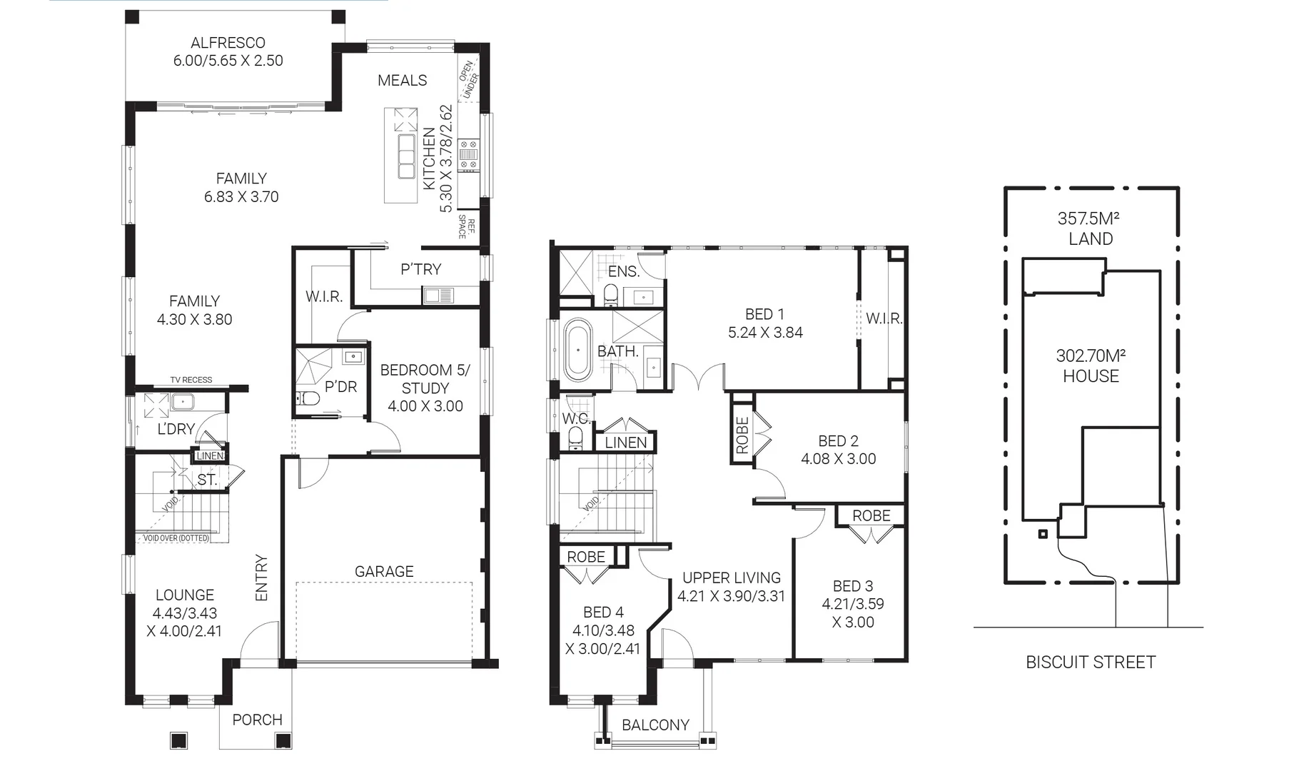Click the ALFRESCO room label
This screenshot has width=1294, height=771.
coord(228,43)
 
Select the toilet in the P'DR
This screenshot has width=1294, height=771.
coord(308,398)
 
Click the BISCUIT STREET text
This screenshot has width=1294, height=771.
coord(1090,662)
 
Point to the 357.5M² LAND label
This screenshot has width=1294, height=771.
coord(1090,228)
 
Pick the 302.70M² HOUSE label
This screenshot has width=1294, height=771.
coord(1090,366)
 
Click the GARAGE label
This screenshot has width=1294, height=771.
coord(384,571)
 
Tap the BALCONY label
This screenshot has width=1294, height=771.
coord(655,725)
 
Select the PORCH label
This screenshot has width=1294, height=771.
coord(257,720)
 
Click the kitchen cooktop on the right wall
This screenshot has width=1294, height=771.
coord(468,155)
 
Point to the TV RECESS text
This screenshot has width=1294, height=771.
coord(191,380)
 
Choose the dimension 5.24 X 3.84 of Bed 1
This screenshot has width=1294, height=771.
coord(765,333)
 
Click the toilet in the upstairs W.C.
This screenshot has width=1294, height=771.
coord(575,440)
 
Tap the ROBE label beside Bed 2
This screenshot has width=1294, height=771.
coord(742,435)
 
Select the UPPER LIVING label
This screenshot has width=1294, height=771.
coord(732,578)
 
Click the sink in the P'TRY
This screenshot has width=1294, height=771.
coord(438,294)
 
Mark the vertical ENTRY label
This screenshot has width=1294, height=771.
coord(261,578)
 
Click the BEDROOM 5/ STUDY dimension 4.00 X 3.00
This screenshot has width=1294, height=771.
coord(425,406)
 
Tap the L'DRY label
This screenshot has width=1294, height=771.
coord(176,428)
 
